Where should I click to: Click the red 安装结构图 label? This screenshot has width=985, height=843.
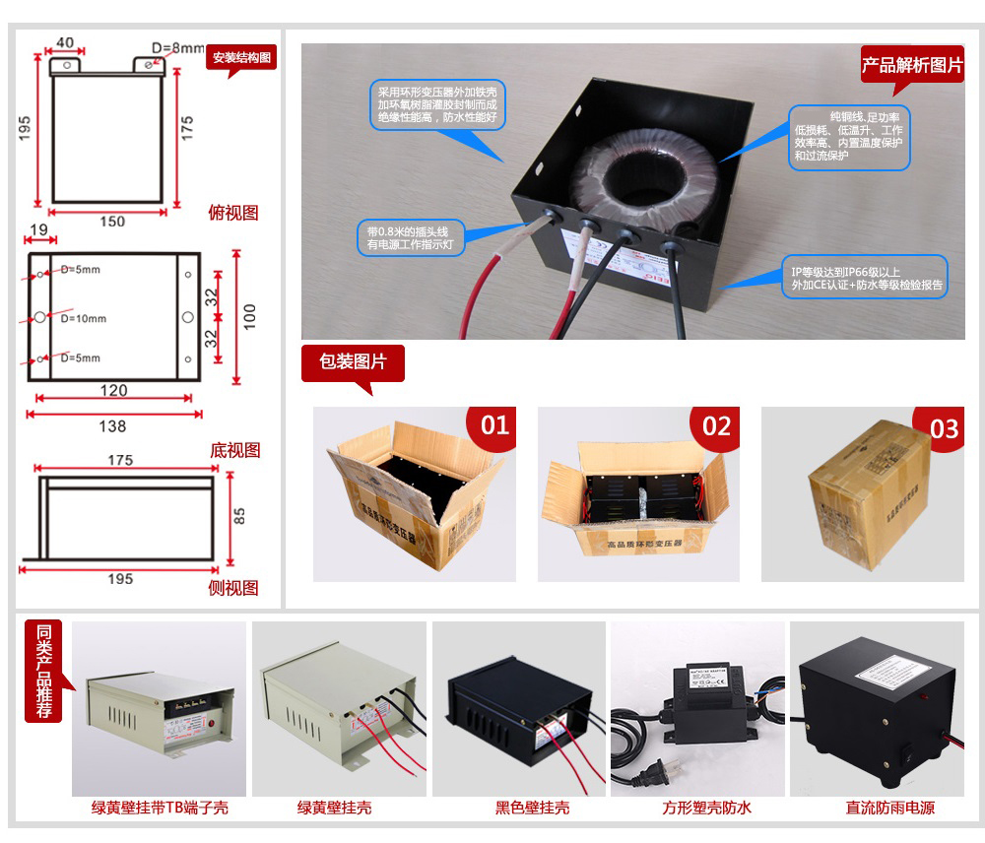coord(242,58)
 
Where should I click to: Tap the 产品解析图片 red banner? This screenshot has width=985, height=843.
coord(912,66)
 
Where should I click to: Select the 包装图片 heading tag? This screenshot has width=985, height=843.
coord(353,362)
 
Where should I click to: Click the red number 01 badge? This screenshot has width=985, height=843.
coord(494,425)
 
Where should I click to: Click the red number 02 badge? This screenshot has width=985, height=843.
coord(717,425)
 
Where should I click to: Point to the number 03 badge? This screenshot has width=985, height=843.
coord(943,428)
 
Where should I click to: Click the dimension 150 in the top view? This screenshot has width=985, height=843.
coord(113,222)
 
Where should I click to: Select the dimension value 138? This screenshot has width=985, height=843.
coord(113,426)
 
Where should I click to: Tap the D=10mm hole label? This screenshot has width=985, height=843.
coord(83,318)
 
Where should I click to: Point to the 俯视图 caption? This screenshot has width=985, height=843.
coord(233,213)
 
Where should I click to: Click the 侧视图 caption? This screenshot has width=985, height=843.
coord(233,588)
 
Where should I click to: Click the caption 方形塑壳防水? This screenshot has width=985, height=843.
coord(706,808)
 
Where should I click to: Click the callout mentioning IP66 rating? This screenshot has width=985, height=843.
coord(863,278)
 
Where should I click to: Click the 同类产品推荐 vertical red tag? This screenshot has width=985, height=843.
coord(43,672)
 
